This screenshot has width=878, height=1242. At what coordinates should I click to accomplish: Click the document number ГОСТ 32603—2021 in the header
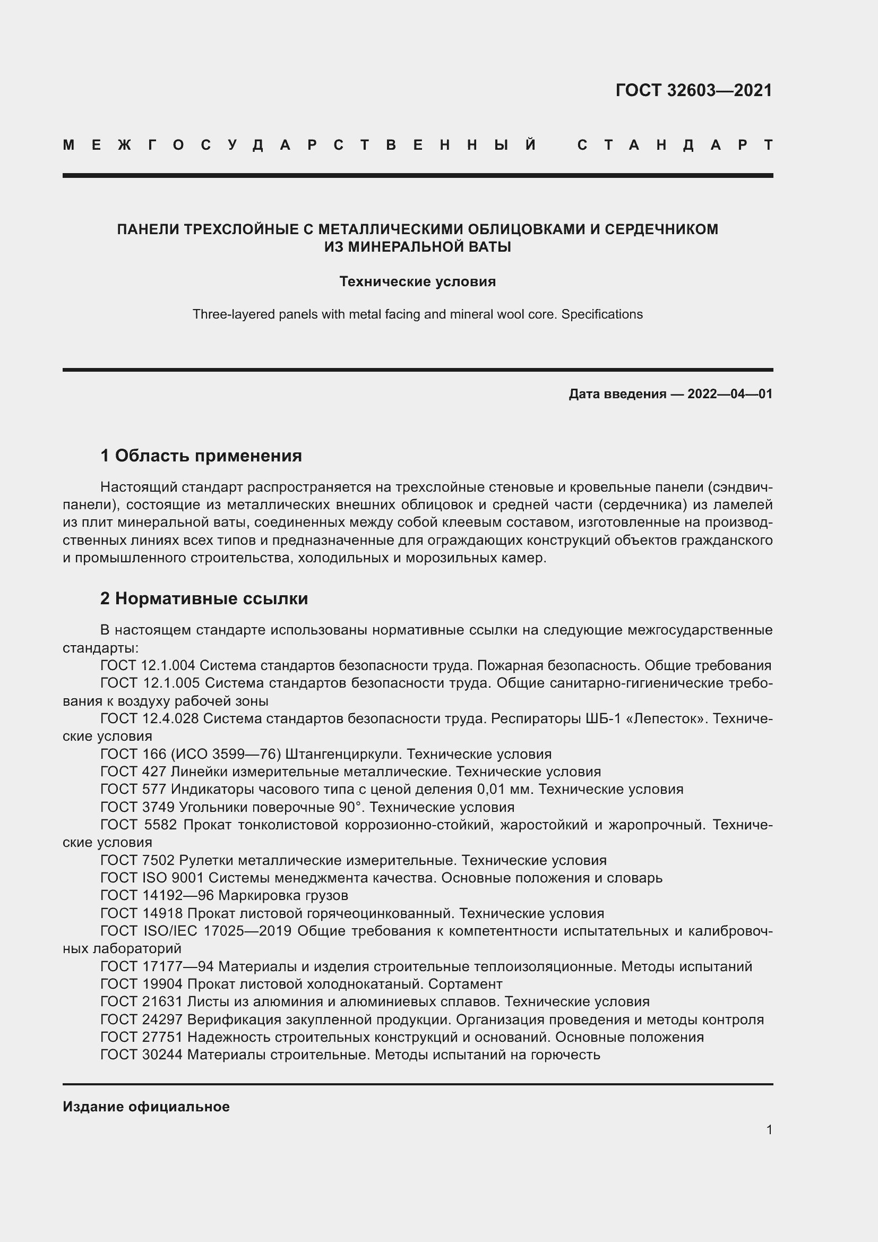click(694, 90)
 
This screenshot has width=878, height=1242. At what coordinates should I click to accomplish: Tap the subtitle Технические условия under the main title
click(417, 282)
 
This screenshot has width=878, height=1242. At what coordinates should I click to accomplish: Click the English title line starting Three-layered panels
click(417, 314)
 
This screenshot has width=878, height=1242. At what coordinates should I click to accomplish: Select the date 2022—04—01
click(730, 394)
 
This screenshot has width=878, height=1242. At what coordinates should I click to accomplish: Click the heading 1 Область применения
click(201, 456)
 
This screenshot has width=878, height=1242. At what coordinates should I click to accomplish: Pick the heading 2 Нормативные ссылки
click(204, 599)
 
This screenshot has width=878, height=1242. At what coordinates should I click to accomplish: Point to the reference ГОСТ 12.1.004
click(148, 665)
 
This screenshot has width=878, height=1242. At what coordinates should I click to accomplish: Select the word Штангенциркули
click(343, 754)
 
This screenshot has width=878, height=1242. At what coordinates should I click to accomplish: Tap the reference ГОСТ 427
click(133, 772)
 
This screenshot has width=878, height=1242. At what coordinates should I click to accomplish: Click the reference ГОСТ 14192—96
click(157, 895)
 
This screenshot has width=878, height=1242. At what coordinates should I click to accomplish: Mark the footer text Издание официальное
click(146, 1107)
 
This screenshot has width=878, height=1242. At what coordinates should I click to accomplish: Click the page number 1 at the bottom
click(769, 1129)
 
